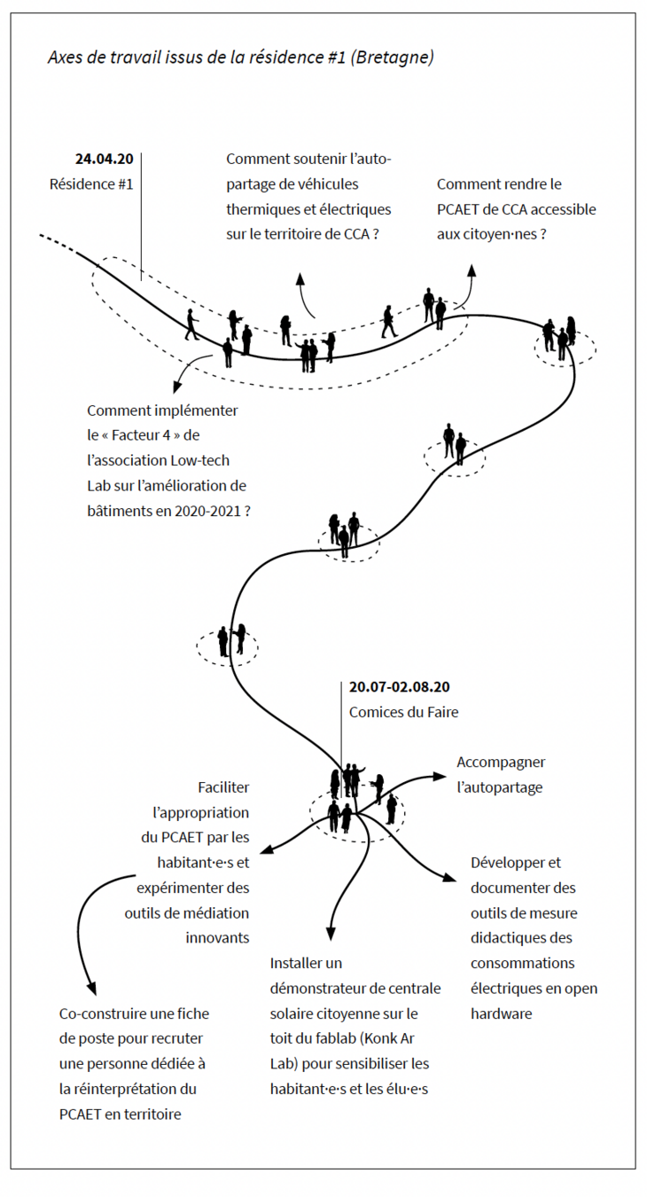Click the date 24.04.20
(x=104, y=160)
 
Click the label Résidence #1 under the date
(x=91, y=184)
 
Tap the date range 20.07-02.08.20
(x=399, y=687)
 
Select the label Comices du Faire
(x=403, y=712)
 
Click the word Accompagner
(x=501, y=763)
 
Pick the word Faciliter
(x=224, y=787)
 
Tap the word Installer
(x=294, y=963)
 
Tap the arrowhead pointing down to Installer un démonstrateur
(x=331, y=934)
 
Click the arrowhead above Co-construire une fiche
(x=90, y=990)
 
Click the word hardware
(x=501, y=1013)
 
